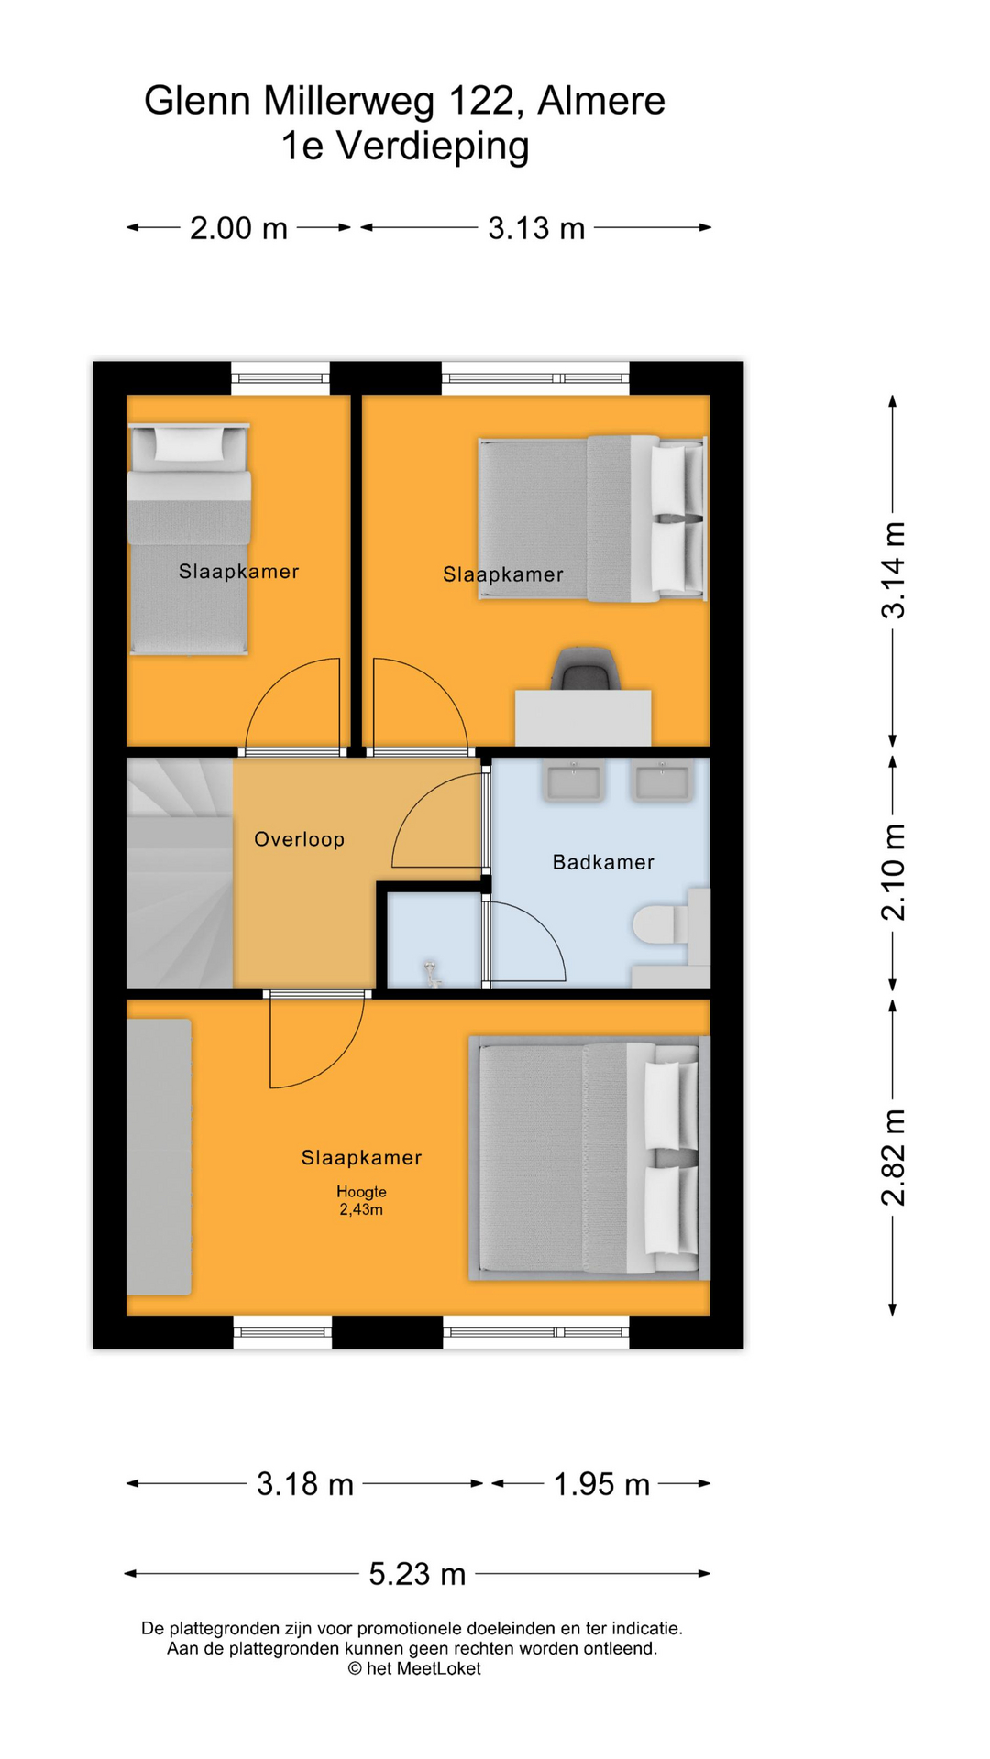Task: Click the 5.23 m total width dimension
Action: pos(417,1574)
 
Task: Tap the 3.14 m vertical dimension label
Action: pos(893,570)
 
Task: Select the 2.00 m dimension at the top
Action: pos(238,228)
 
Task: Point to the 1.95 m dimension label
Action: pos(601,1484)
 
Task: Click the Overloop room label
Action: pos(299,839)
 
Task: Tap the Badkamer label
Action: pos(603,862)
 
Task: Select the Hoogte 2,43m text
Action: pos(361,1200)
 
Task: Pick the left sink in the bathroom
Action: pos(574,781)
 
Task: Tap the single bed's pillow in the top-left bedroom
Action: pos(189,443)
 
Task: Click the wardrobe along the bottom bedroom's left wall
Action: pos(159,1156)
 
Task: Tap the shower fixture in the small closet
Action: pos(432,973)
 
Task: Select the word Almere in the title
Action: pos(600,101)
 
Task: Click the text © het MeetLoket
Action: pos(413,1669)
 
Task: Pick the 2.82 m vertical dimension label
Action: pos(893,1156)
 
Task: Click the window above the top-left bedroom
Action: pos(280,377)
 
